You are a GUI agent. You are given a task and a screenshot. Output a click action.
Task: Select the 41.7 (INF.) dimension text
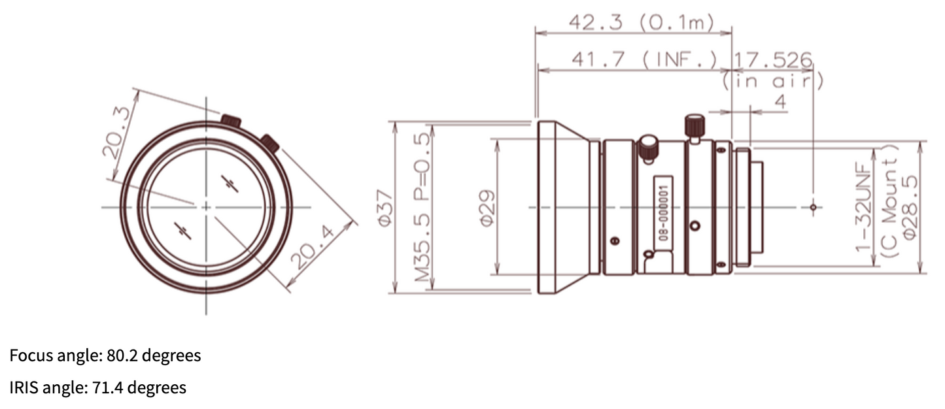pyautogui.click(x=644, y=59)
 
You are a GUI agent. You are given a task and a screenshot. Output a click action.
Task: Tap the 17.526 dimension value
pyautogui.click(x=772, y=59)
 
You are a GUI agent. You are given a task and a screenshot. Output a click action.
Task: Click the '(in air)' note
pyautogui.click(x=772, y=80)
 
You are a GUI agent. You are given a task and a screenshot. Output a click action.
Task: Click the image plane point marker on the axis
pyautogui.click(x=813, y=208)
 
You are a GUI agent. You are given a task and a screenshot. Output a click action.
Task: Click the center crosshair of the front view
pyautogui.click(x=206, y=206)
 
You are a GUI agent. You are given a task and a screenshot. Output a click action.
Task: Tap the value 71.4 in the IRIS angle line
pyautogui.click(x=110, y=388)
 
